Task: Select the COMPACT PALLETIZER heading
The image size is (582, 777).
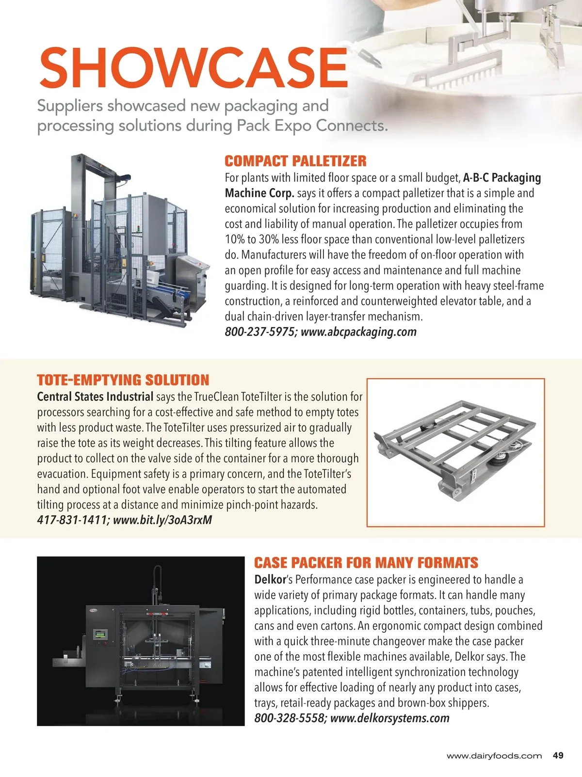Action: pos(295,161)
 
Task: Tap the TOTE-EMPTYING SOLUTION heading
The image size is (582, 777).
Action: pos(123,380)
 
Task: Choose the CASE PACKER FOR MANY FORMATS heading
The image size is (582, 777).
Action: pos(366,563)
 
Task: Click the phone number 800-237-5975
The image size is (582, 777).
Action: pos(259,332)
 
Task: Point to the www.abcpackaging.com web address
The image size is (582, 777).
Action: pos(358,332)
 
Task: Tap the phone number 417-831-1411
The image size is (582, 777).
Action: pos(72,520)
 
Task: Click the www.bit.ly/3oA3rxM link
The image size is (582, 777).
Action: pos(162,520)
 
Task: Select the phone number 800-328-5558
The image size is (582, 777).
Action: pos(290,718)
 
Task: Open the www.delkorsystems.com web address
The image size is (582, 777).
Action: pos(389,718)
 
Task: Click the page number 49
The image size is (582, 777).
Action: pos(558,756)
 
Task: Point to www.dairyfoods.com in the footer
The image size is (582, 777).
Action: pos(494,756)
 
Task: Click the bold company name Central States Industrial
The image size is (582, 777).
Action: pos(95,397)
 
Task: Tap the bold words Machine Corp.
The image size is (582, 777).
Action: pos(259,193)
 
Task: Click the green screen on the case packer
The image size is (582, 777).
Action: pos(101,634)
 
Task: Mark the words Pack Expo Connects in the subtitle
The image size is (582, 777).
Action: pos(312,126)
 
